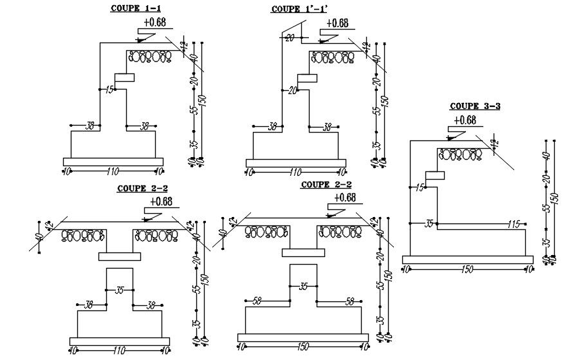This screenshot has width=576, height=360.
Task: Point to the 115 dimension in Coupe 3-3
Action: [512, 224]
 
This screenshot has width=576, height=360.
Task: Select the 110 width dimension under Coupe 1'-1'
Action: [295, 172]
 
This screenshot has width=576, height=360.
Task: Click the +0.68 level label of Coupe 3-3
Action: [465, 120]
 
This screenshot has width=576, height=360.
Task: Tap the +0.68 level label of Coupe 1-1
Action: [155, 23]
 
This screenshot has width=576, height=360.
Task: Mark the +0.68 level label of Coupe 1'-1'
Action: [337, 23]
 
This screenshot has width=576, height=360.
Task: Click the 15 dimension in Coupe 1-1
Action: [109, 89]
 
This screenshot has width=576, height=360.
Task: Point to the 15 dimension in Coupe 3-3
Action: [420, 187]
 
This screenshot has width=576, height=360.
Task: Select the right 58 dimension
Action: [350, 301]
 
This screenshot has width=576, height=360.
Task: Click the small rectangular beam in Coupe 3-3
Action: [435, 175]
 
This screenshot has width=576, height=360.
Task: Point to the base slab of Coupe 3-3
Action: [468, 260]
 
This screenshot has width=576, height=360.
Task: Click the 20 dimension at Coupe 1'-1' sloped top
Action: [289, 38]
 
